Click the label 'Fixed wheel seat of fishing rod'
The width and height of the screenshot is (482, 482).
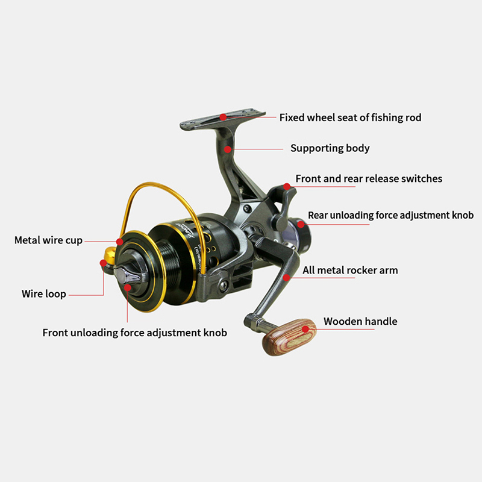[350, 117]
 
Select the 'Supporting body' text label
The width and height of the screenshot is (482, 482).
[330, 148]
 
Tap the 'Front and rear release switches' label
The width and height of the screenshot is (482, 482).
[369, 178]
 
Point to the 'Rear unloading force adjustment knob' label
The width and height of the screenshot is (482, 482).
[390, 215]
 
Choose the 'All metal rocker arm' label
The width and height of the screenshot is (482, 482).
[350, 270]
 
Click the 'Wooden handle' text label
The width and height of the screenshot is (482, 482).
[360, 321]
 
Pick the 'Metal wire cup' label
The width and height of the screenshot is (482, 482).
[49, 240]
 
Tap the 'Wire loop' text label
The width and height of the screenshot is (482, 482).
[44, 294]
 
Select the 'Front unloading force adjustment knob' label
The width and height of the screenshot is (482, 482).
[134, 333]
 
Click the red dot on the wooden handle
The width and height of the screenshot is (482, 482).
[305, 329]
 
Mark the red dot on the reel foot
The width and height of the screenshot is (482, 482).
[223, 117]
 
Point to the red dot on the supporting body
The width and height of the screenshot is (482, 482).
[228, 149]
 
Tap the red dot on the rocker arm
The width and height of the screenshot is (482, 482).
[287, 278]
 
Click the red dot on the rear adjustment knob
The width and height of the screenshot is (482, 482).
[301, 224]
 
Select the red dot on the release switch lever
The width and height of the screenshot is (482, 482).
[287, 187]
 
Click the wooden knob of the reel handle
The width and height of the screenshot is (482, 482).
[289, 337]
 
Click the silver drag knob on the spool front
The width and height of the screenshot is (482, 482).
[127, 275]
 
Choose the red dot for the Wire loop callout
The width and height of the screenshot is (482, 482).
[103, 263]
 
